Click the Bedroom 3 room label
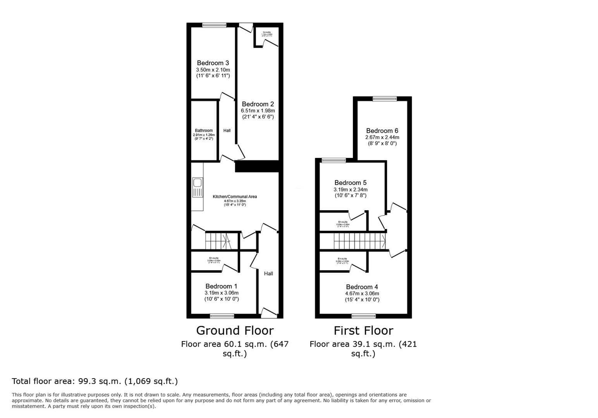point(213,63)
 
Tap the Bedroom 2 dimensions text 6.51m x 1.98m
point(258,110)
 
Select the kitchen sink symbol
point(198,187)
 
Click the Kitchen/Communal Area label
point(235,197)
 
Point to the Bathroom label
point(204,130)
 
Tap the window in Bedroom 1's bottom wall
point(222,316)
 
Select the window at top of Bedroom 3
point(214,25)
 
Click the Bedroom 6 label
point(382,131)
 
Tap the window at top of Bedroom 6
point(385,99)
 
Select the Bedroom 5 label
point(350,183)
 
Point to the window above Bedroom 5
point(333,160)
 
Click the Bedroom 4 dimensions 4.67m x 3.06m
point(362,293)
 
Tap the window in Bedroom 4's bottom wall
point(363,316)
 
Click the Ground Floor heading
point(235,330)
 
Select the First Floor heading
point(363,330)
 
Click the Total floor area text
point(95,381)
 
